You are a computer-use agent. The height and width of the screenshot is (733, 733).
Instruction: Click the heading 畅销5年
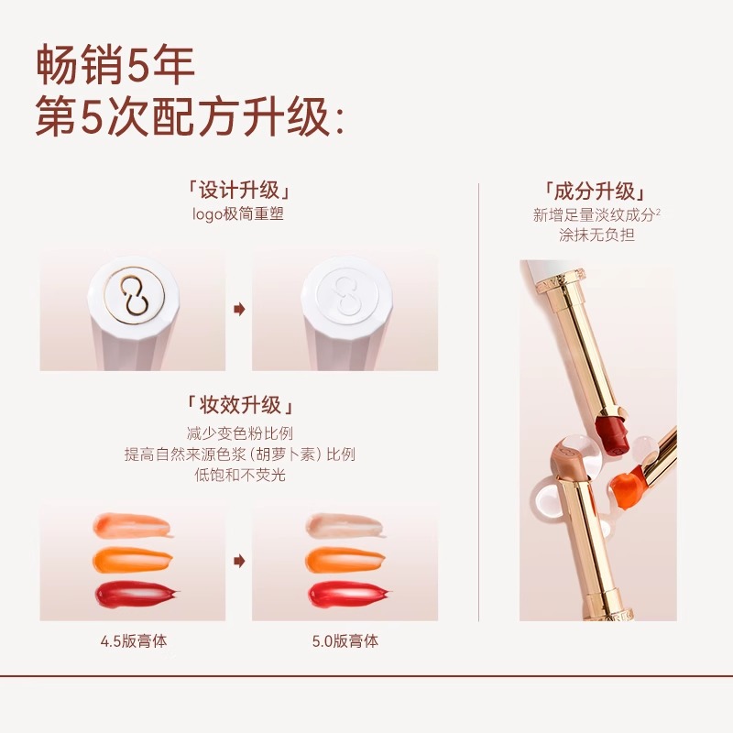[115, 65]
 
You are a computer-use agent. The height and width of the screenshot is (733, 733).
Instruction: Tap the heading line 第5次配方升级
[190, 116]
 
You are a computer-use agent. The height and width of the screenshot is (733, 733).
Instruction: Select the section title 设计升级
[239, 191]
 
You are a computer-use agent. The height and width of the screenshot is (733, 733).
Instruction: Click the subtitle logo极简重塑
[238, 214]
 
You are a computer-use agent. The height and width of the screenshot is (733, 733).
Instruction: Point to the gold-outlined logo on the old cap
[134, 295]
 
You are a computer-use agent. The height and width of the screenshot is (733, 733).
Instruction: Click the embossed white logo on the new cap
[346, 295]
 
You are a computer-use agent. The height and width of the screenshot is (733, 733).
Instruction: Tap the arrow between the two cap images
[239, 309]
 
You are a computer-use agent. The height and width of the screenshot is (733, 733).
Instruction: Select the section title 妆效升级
[239, 405]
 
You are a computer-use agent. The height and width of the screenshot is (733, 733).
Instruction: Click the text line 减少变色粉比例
[239, 433]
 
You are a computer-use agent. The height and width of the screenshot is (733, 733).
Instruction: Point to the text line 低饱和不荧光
[239, 475]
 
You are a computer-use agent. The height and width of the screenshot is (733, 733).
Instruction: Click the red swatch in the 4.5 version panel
[137, 594]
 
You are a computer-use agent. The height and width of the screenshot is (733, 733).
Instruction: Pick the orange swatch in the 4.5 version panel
[133, 559]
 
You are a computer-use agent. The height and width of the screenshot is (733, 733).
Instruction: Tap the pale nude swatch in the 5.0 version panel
[345, 525]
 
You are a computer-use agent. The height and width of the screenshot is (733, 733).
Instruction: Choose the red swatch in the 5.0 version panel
[349, 595]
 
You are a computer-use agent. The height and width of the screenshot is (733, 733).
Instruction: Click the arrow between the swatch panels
[239, 561]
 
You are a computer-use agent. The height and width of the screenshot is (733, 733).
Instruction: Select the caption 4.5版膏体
[134, 640]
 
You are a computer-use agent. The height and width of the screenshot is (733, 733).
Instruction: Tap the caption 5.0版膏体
[345, 640]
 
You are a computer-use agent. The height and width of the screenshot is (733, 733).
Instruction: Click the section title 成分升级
[596, 191]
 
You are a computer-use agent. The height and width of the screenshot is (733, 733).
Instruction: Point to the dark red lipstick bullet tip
[614, 432]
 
